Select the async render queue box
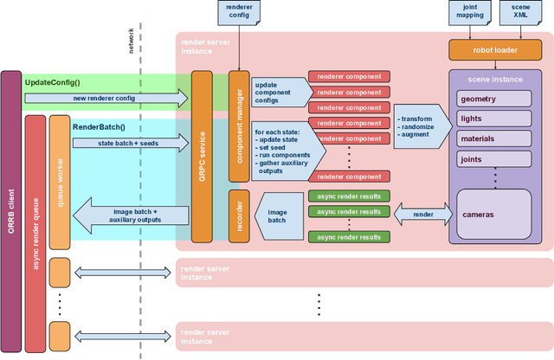35,226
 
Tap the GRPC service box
202,156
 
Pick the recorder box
237,216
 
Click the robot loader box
493,48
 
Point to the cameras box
493,213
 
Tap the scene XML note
520,12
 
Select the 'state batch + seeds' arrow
130,143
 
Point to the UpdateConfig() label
52,81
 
